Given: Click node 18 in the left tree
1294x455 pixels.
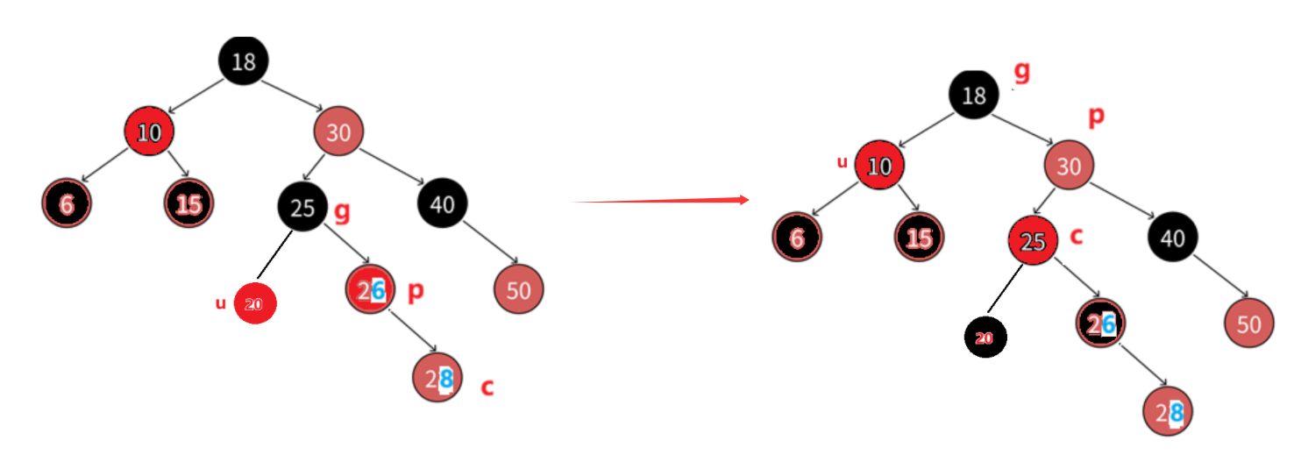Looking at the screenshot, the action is pos(243,61).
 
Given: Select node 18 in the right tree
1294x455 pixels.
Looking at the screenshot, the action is pos(974,95).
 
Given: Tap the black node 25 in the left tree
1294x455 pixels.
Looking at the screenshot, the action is pos(302,208).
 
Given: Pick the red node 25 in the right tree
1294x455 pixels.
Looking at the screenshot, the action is pos(1033,241).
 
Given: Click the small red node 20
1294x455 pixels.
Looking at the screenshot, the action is pos(255,304).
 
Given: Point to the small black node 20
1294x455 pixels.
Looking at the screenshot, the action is pos(985,338).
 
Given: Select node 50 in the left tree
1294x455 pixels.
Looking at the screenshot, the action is pos(519,289).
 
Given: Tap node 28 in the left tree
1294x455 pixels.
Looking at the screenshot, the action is pos(437,378).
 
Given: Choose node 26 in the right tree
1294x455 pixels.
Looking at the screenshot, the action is pos(1101,324).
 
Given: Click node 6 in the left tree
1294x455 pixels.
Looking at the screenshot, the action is pos(66,204).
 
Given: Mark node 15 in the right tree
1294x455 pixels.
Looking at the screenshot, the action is pos(919,238).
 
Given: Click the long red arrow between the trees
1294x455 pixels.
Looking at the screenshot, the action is pos(661,201).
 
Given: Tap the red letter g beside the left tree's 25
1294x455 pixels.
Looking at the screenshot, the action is pos(343,210).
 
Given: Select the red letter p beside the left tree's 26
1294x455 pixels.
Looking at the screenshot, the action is pos(416,292).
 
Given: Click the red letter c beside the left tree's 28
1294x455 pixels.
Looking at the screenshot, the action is pos(487,387).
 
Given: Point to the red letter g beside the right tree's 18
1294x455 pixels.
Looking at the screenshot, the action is pos(1021,72).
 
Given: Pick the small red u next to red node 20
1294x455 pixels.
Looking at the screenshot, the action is pos(221,304).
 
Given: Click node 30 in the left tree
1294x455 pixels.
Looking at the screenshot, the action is pos(338,132).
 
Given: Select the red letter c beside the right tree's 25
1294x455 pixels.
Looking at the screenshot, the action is pos(1077,236).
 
